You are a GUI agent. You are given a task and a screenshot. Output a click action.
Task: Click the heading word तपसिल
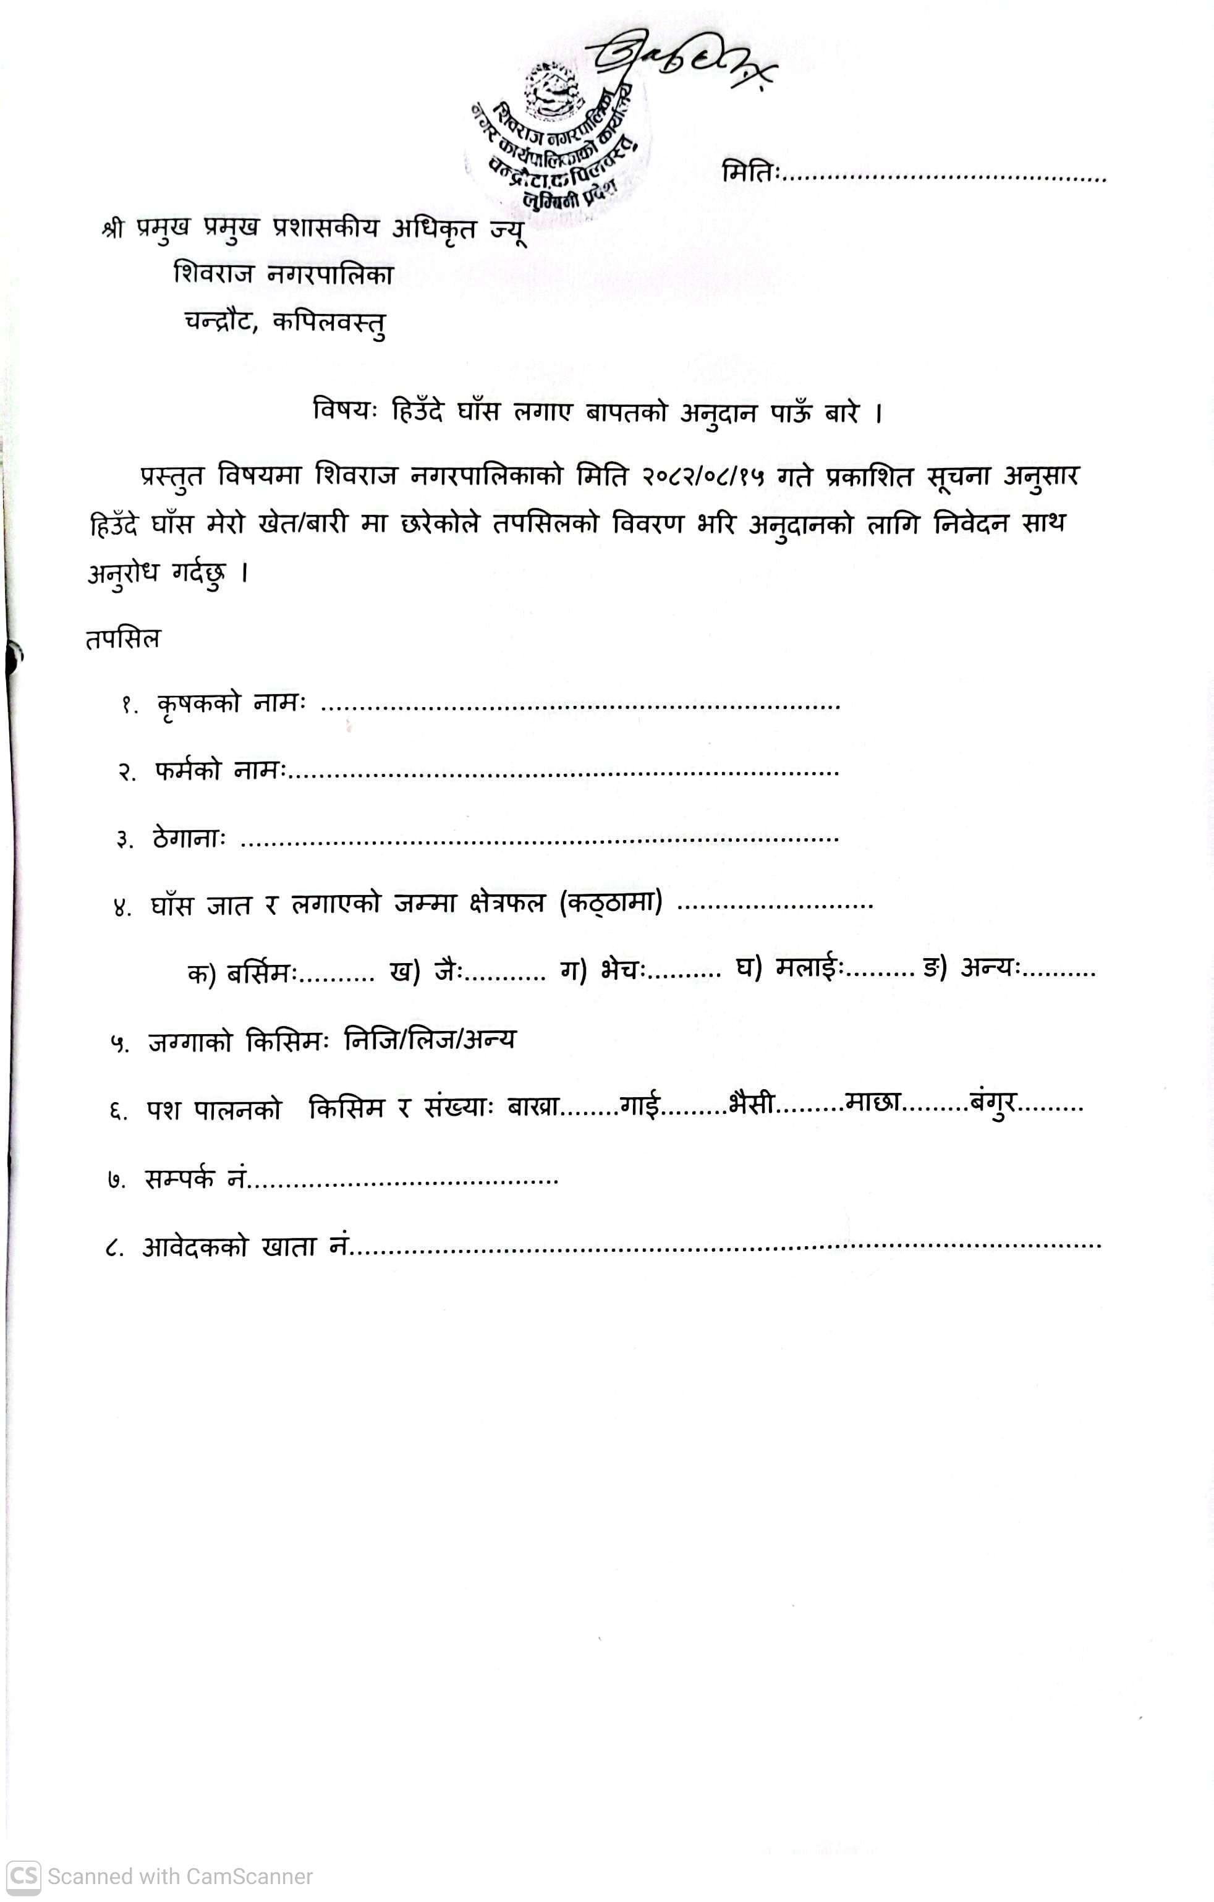pos(122,638)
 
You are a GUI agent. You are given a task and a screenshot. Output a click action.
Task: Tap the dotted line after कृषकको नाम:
pos(580,705)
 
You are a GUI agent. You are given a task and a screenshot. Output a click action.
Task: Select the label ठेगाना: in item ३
pos(190,839)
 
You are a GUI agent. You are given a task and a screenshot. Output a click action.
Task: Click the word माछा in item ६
pos(873,1103)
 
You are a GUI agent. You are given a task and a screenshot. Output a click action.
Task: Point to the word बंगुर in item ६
pos(993,1103)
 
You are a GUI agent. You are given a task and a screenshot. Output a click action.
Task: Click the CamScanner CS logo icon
pos(23,1876)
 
